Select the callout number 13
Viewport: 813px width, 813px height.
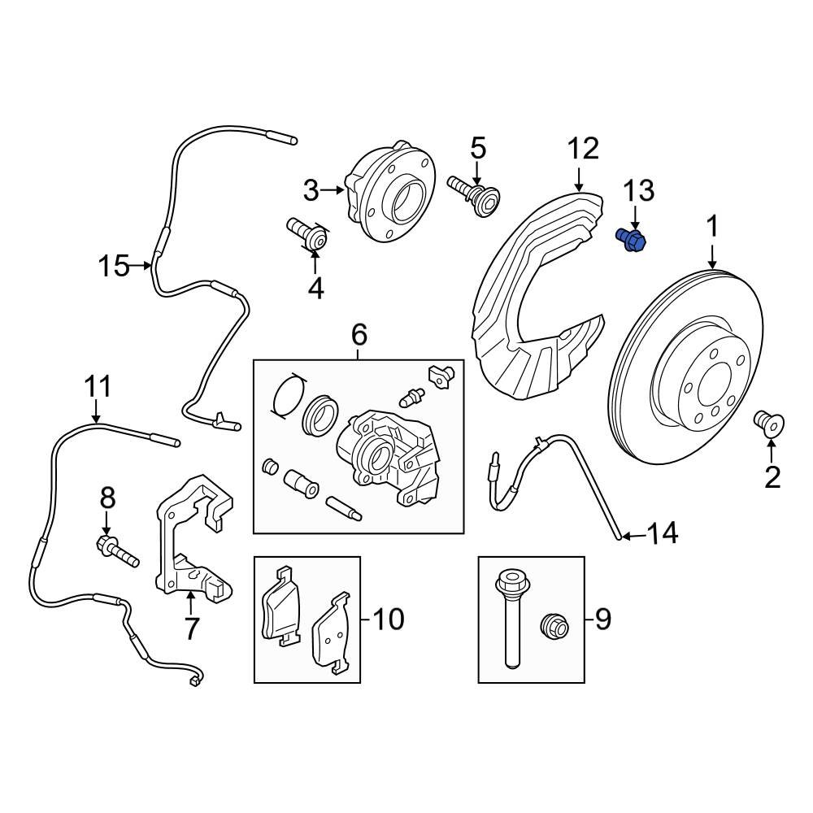(637, 191)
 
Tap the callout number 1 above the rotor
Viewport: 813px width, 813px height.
(712, 228)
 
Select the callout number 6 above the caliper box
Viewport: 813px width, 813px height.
(359, 334)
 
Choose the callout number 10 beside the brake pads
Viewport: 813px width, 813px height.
(387, 620)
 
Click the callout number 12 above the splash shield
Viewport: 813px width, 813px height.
(582, 148)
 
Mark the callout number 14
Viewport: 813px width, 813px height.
(663, 534)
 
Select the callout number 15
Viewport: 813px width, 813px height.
(115, 265)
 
